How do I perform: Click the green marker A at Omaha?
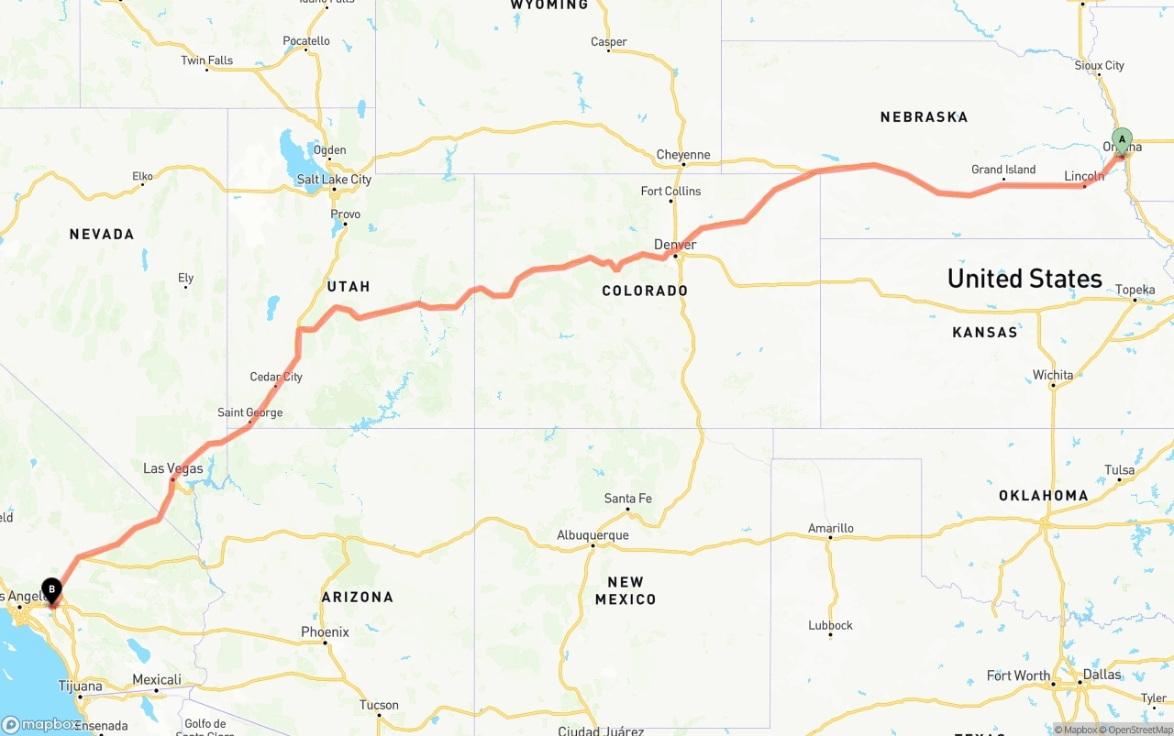click(1121, 141)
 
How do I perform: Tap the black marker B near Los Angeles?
click(52, 589)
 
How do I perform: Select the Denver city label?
click(675, 245)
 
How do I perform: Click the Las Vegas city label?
click(173, 468)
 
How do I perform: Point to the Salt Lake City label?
click(334, 179)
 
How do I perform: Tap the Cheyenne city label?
click(683, 155)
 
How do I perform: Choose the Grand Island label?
click(1003, 170)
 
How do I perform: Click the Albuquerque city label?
click(593, 535)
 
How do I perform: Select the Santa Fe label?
click(628, 499)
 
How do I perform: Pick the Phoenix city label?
click(326, 632)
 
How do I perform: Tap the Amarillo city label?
click(830, 528)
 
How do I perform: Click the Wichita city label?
click(1052, 375)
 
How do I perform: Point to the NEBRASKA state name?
click(924, 117)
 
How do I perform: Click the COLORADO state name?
click(645, 291)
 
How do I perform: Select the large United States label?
click(1024, 279)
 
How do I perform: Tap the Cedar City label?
click(276, 377)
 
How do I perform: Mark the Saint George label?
click(250, 412)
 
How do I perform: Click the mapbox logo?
click(40, 724)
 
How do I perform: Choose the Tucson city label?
click(379, 705)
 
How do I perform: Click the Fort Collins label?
click(670, 191)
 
